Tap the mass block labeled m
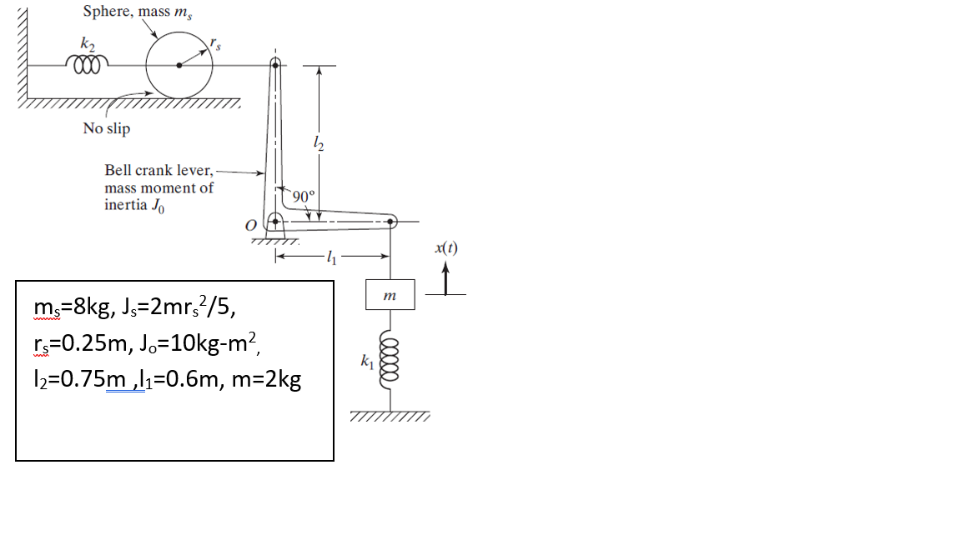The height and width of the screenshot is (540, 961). pyautogui.click(x=390, y=296)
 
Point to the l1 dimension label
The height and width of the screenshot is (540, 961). pyautogui.click(x=332, y=257)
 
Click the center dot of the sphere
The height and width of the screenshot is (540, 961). pyautogui.click(x=177, y=65)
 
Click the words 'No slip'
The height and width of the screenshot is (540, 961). pyautogui.click(x=106, y=128)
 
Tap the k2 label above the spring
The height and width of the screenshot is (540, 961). pyautogui.click(x=86, y=42)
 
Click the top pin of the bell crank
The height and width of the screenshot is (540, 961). pyautogui.click(x=274, y=64)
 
